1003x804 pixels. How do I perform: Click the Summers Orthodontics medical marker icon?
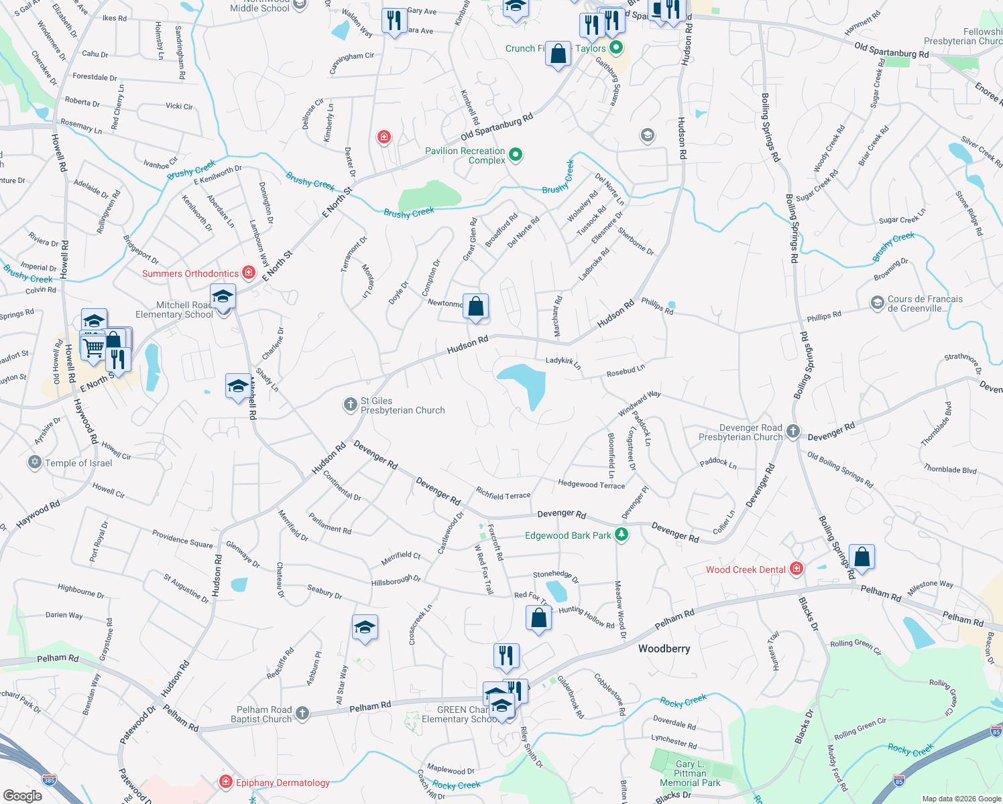[249, 272]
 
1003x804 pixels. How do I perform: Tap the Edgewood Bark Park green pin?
[622, 534]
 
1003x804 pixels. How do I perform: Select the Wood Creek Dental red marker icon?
[796, 569]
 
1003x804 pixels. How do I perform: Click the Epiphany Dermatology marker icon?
[226, 782]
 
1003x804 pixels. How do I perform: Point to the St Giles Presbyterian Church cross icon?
[350, 404]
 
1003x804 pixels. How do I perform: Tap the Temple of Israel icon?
[35, 462]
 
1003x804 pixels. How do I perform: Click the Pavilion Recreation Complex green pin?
[516, 155]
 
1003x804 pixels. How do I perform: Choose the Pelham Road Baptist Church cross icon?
[302, 713]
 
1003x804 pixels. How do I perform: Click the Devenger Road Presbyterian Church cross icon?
[793, 431]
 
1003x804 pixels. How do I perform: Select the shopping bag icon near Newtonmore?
[476, 307]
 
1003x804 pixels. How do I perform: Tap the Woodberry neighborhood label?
[664, 649]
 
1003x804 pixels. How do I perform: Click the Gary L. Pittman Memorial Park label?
[690, 773]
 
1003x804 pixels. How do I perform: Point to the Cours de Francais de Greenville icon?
[877, 303]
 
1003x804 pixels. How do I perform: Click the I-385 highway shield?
[49, 780]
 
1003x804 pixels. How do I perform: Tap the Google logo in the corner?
[22, 795]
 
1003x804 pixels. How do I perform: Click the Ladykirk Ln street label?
[563, 363]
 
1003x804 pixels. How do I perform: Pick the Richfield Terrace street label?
[503, 494]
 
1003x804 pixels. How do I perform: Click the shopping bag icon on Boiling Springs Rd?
[862, 556]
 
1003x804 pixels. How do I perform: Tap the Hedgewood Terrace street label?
[591, 484]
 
